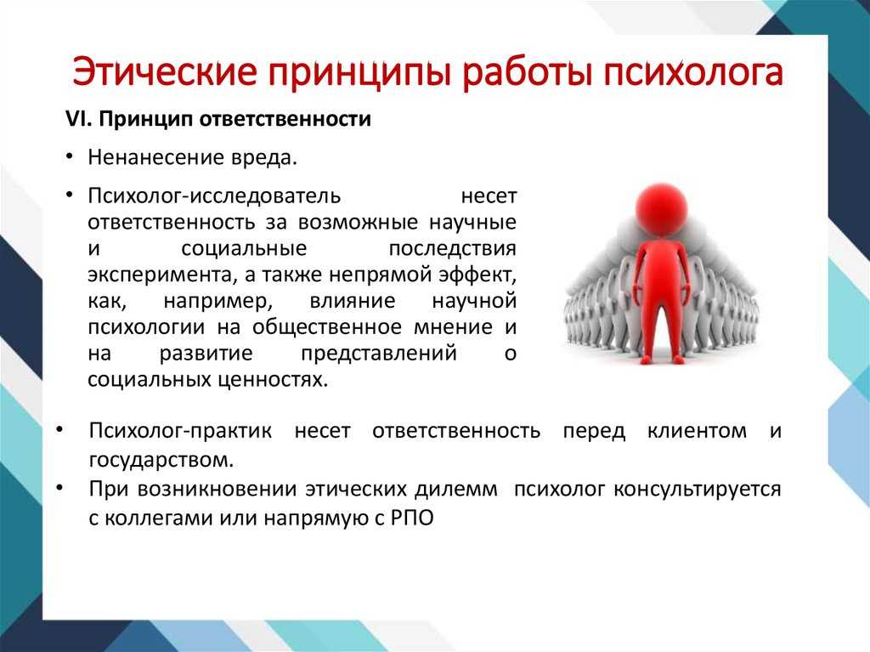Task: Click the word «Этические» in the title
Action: click(165, 72)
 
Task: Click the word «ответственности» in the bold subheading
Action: click(285, 119)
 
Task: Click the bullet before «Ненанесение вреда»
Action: click(69, 157)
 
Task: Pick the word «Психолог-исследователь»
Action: click(214, 196)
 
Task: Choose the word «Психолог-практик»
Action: click(180, 431)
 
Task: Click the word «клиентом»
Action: click(697, 431)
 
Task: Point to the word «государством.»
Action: click(161, 460)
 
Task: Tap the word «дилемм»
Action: click(455, 490)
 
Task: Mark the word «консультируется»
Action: click(698, 490)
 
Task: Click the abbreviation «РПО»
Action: click(412, 519)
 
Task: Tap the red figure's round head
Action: click(660, 209)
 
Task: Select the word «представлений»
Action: click(379, 354)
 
